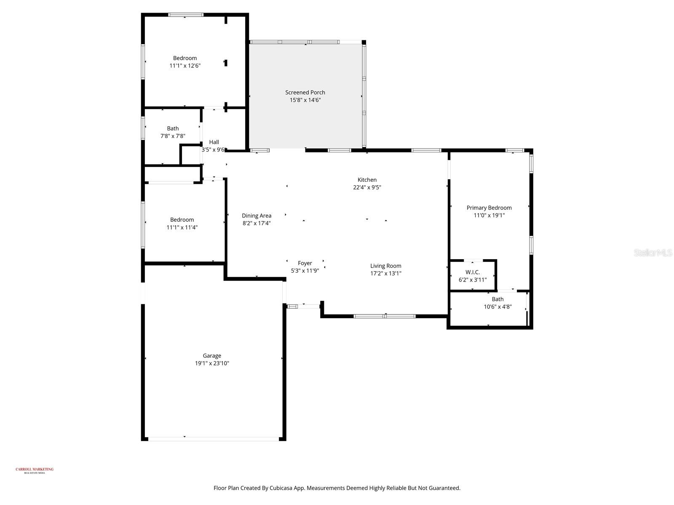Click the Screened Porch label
(305, 93)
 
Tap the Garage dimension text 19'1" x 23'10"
(212, 364)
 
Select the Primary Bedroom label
(489, 208)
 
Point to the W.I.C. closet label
(472, 272)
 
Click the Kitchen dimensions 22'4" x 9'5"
(367, 188)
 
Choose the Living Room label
(385, 266)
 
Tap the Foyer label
(305, 263)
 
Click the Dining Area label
(257, 216)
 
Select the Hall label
(214, 142)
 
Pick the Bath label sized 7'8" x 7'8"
(173, 129)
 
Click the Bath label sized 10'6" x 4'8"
(497, 300)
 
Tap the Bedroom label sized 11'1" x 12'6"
(185, 58)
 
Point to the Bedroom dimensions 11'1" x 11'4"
(182, 228)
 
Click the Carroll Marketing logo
(35, 470)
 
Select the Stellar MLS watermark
(653, 252)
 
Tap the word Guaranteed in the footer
(444, 488)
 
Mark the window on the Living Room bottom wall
(385, 316)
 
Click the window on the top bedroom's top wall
(186, 15)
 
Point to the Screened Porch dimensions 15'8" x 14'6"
(305, 100)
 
